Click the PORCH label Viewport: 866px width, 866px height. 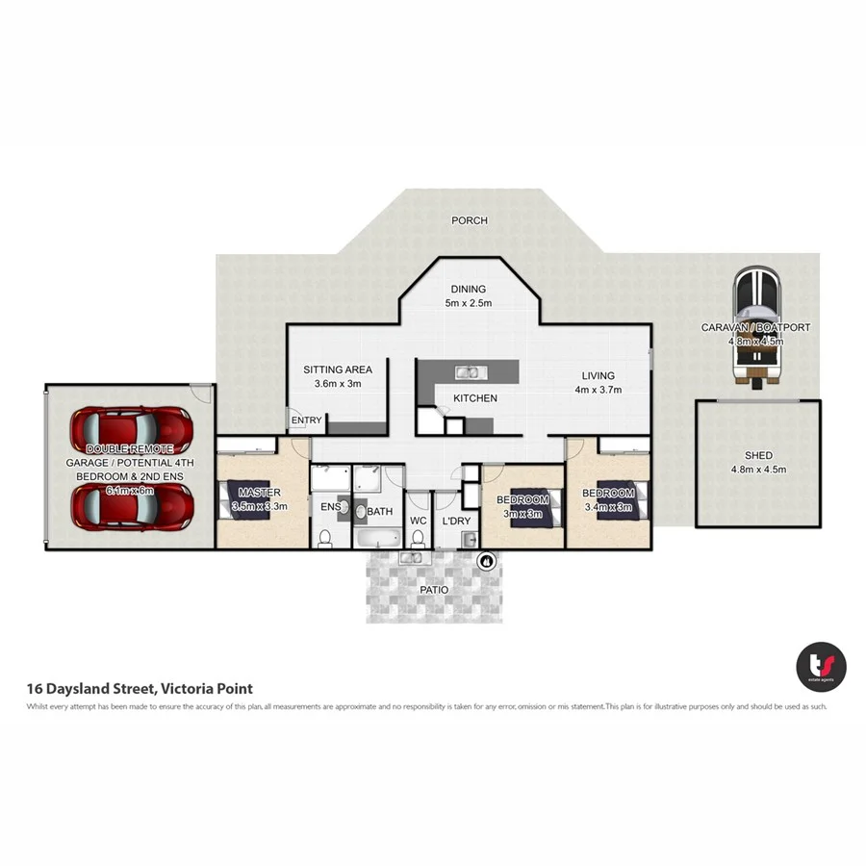pos(470,220)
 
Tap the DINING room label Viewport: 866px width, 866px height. pos(469,289)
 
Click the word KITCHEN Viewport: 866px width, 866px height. pos(475,398)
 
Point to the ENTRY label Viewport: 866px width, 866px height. pos(306,420)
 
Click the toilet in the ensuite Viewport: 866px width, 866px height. pos(325,537)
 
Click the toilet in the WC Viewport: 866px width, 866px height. pos(419,538)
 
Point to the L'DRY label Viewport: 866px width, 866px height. pos(455,521)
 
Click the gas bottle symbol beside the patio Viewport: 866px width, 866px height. pos(486,560)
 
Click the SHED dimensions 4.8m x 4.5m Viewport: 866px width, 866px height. pos(758,470)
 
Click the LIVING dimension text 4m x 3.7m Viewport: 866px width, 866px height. pos(598,390)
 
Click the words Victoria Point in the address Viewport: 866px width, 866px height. pos(207,688)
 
